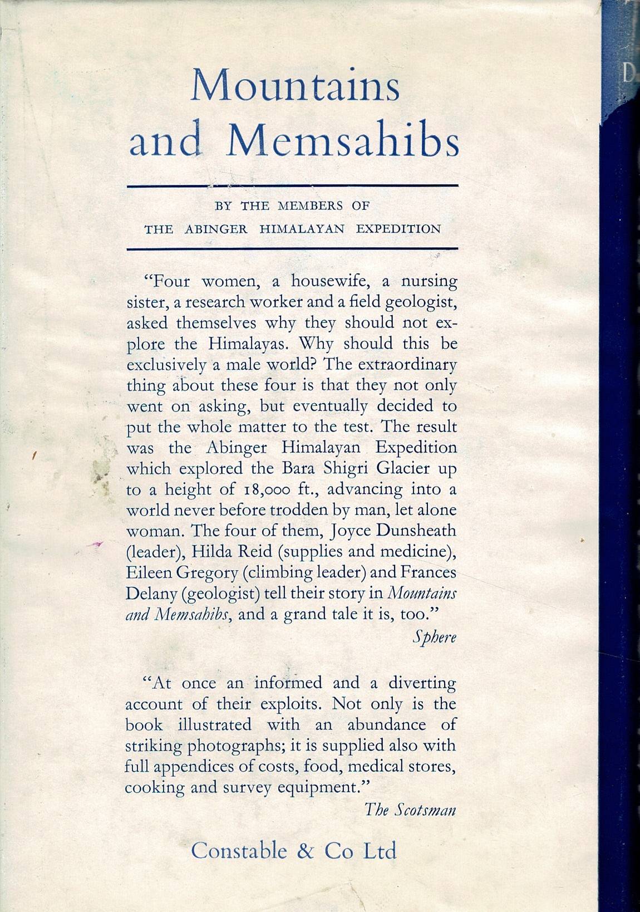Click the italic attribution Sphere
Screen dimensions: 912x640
pyautogui.click(x=434, y=638)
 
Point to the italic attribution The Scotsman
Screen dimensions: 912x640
pyautogui.click(x=410, y=809)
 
